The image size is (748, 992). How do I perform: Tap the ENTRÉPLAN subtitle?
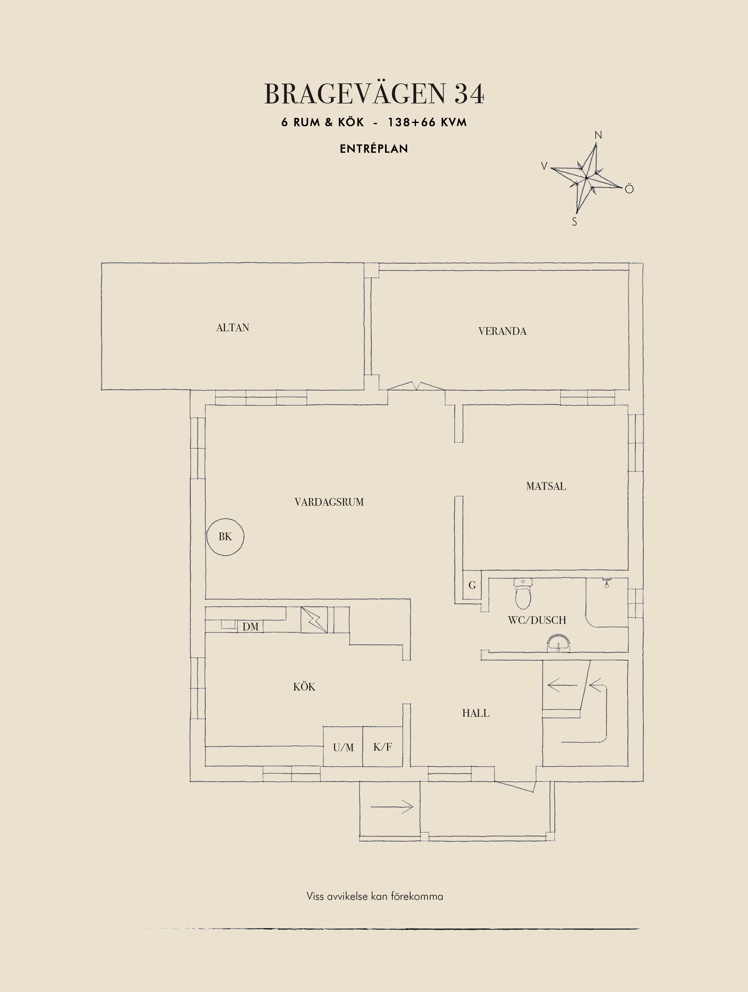(374, 149)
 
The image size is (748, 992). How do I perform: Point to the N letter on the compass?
(598, 135)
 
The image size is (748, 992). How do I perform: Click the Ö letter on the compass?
(629, 189)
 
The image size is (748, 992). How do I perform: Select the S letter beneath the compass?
(574, 222)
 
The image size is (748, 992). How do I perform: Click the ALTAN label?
(233, 328)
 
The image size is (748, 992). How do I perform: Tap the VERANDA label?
(502, 332)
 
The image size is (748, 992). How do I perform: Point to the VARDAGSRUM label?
(329, 502)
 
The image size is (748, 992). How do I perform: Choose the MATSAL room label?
(546, 486)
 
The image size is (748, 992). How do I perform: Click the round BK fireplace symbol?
(225, 537)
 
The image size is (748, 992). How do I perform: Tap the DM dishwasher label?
(250, 627)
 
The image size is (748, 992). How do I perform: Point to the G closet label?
(472, 585)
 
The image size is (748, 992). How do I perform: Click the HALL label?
(476, 713)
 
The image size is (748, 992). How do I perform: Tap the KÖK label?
(304, 687)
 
